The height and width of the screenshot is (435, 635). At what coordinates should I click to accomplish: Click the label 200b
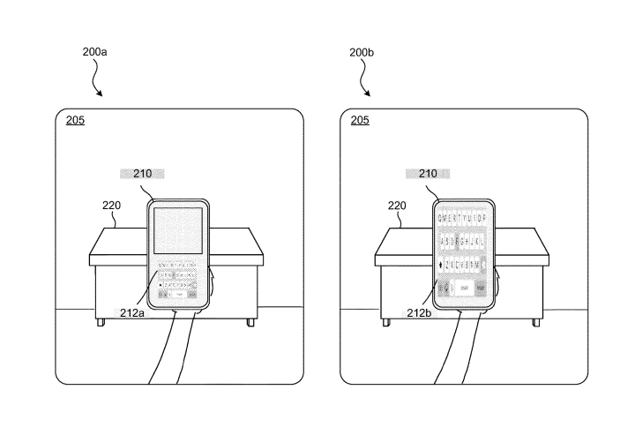pos(362,53)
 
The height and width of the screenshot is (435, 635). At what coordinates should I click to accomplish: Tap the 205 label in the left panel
pos(76,121)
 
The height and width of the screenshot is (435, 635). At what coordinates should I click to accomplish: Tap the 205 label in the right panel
pos(361,121)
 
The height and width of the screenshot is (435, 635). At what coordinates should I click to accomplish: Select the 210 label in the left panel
pos(143,175)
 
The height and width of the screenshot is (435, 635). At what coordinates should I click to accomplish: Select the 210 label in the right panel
pos(427,175)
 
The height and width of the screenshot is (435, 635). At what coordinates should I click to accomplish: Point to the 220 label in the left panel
pos(111,206)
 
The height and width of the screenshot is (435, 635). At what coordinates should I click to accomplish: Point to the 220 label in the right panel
pos(396,206)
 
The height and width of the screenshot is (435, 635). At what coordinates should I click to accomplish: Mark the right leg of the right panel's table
pos(536,321)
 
